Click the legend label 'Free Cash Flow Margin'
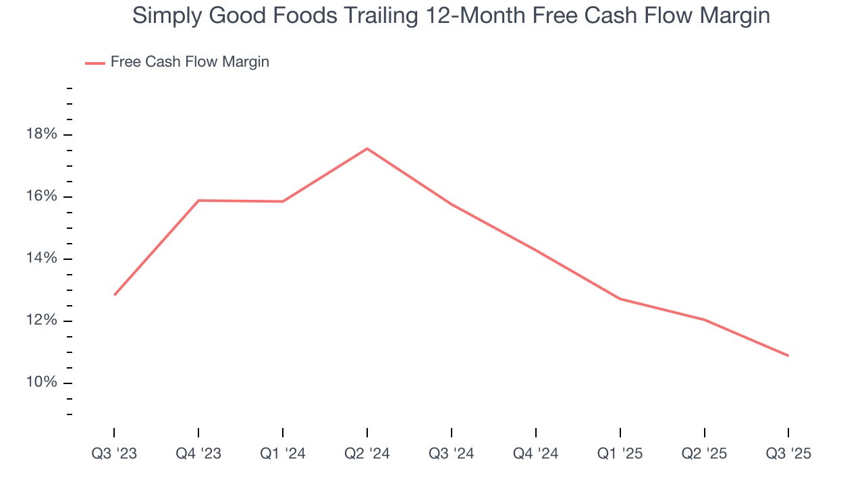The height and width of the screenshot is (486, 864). [190, 62]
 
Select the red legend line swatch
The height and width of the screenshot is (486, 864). [94, 63]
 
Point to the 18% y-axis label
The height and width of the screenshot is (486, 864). [42, 135]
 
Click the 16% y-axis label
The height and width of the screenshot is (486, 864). [42, 197]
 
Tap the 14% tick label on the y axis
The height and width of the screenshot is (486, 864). [42, 259]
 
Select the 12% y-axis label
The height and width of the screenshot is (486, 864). [42, 321]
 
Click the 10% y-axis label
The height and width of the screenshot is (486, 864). [42, 383]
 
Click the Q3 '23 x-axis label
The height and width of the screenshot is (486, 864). [114, 454]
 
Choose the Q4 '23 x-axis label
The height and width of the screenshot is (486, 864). [198, 454]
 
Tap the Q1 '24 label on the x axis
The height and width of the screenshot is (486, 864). [283, 454]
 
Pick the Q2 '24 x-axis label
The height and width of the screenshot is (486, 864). [367, 454]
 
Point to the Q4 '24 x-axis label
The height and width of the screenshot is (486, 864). [536, 454]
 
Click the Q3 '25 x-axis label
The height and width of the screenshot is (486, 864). [788, 454]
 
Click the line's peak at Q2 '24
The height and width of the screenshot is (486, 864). [367, 148]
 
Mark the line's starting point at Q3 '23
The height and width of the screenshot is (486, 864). [115, 295]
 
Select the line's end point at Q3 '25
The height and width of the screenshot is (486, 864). [788, 356]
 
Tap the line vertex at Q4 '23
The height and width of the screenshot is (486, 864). [198, 200]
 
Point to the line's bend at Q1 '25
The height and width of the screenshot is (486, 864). [620, 298]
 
